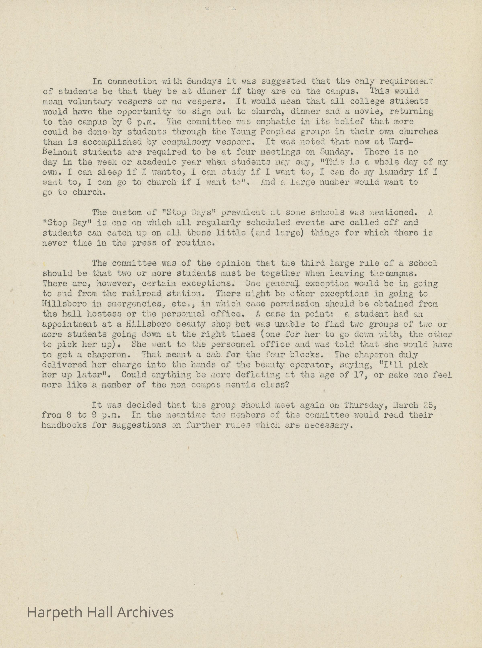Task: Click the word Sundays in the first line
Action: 204,81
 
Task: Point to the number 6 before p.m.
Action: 130,121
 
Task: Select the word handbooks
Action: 64,425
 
